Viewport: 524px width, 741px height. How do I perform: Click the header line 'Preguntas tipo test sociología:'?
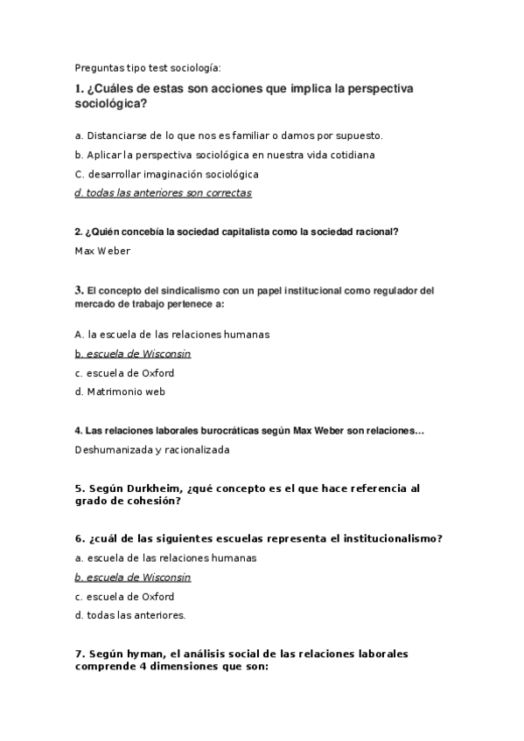(148, 67)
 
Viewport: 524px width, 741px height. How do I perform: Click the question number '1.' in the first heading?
(80, 90)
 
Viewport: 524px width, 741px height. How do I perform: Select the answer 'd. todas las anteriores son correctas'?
(164, 193)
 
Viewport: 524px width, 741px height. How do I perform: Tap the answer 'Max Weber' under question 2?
(103, 251)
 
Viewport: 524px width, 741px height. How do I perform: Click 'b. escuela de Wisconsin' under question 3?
(133, 354)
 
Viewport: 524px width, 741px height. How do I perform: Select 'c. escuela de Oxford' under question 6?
(124, 597)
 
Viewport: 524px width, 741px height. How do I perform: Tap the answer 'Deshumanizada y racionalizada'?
(152, 450)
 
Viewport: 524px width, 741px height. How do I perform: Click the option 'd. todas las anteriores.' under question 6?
(130, 616)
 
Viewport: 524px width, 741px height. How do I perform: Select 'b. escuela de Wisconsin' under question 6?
(133, 578)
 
